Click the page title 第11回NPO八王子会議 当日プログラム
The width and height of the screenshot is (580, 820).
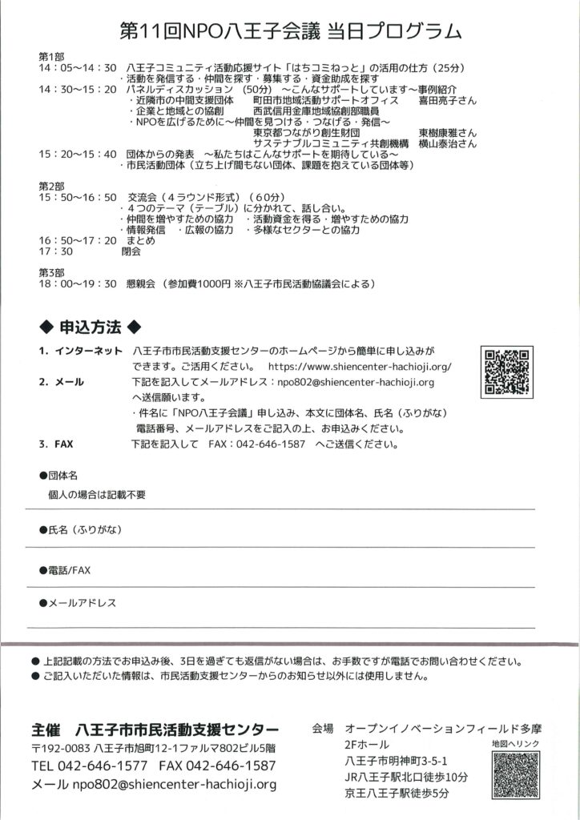pos(289,32)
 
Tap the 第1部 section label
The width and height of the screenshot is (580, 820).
pos(50,57)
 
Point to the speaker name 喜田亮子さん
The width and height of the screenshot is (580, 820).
pos(447,102)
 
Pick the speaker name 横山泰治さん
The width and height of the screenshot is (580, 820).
pos(447,144)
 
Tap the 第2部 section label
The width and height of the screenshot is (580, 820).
pos(50,186)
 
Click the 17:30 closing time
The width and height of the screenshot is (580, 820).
pos(54,251)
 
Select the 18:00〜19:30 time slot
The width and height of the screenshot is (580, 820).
pos(77,283)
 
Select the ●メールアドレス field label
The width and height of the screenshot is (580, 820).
pos(77,602)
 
